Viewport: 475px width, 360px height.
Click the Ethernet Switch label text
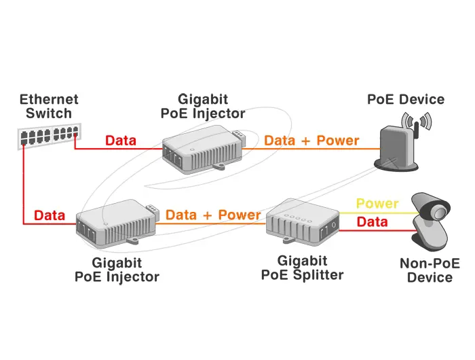49,106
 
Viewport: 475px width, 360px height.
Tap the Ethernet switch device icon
50,136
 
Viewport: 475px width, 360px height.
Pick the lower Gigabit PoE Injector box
117,223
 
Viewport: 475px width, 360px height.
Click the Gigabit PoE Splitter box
303,221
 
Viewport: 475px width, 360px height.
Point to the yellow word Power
377,204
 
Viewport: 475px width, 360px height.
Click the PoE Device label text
406,99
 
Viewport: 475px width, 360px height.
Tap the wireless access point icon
400,141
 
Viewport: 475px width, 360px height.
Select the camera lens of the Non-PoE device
440,212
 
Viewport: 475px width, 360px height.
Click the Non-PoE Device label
430,270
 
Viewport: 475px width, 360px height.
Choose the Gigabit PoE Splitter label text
303,268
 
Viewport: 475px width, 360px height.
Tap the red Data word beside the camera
372,221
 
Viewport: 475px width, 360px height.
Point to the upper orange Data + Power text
311,141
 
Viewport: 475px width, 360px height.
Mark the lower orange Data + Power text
213,215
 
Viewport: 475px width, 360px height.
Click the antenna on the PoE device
417,130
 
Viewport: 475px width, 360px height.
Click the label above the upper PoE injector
203,106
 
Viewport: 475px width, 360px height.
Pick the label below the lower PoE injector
117,270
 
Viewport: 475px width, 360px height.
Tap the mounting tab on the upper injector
219,166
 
